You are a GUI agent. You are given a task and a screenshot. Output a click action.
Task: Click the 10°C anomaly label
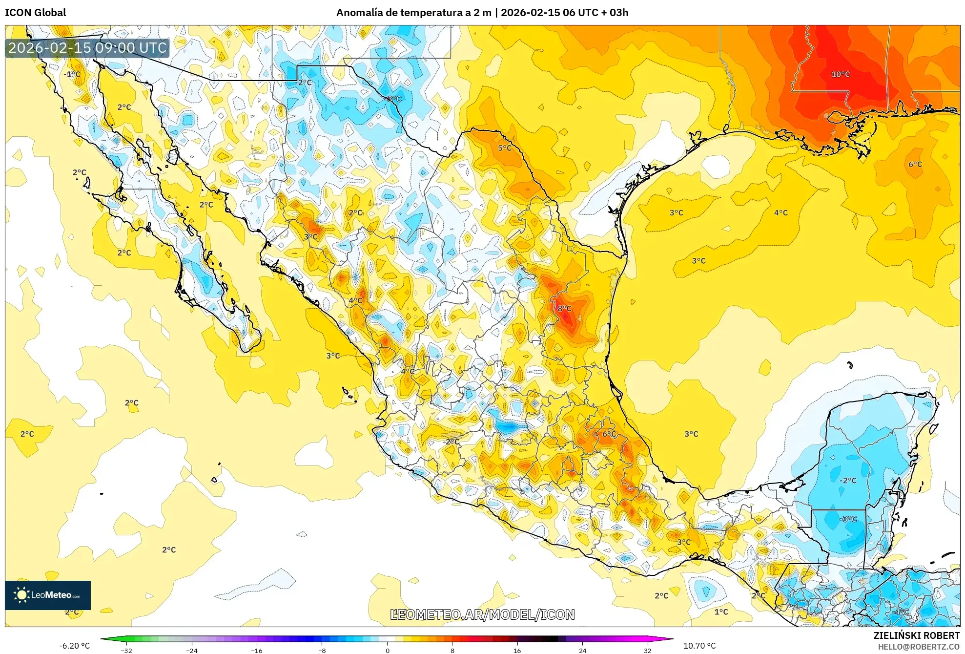click(840, 74)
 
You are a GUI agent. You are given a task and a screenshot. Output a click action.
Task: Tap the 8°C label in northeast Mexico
click(564, 308)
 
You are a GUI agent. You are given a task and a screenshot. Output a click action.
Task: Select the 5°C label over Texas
click(505, 148)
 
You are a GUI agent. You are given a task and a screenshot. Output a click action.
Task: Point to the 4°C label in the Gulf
click(780, 212)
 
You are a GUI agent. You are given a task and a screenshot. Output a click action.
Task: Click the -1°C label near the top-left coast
click(72, 74)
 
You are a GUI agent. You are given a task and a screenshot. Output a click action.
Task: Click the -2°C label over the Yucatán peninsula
click(848, 480)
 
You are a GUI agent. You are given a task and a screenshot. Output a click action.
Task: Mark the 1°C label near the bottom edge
click(721, 612)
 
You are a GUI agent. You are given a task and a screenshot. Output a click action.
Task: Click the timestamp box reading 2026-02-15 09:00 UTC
click(87, 48)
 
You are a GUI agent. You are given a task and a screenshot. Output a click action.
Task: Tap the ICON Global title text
click(36, 13)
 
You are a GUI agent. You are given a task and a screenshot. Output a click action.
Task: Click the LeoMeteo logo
click(48, 595)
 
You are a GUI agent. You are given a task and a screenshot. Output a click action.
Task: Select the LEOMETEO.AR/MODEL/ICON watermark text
click(482, 614)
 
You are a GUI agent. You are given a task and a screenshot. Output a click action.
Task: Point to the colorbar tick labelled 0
click(388, 650)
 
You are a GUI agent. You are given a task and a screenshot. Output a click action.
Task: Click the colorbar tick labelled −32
click(126, 650)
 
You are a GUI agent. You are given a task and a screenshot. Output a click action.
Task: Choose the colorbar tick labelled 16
click(517, 650)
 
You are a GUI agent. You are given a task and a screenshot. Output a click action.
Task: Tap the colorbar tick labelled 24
click(582, 650)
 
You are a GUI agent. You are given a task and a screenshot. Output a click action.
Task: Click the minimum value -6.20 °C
click(74, 646)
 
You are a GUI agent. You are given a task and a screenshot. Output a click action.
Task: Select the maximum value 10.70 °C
click(699, 646)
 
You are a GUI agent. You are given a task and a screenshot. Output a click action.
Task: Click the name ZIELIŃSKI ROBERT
click(916, 635)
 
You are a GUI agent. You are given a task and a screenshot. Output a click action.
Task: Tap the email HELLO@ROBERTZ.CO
click(918, 647)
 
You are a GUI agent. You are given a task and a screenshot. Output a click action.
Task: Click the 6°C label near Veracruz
click(609, 434)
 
